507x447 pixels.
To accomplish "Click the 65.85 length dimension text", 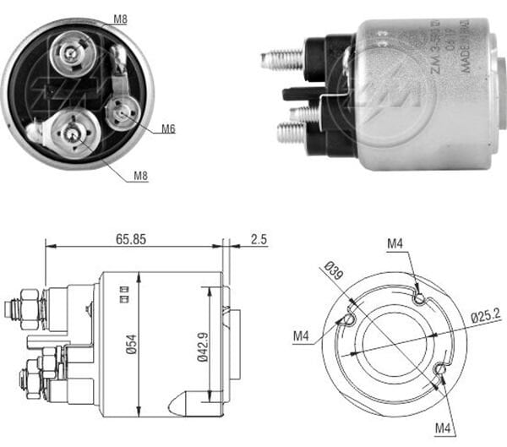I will (x=132, y=239).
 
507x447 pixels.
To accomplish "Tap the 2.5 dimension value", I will (x=259, y=239).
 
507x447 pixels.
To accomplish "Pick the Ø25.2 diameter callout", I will (x=485, y=318).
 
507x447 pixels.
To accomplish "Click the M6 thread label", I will (x=168, y=129).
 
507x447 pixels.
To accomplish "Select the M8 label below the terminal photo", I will (x=140, y=176).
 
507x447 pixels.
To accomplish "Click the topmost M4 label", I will (x=395, y=244).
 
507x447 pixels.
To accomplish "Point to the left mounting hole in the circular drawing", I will (x=345, y=320).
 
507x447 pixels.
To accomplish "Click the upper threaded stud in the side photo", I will (x=284, y=59).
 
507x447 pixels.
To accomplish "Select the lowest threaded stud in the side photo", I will (x=292, y=133).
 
